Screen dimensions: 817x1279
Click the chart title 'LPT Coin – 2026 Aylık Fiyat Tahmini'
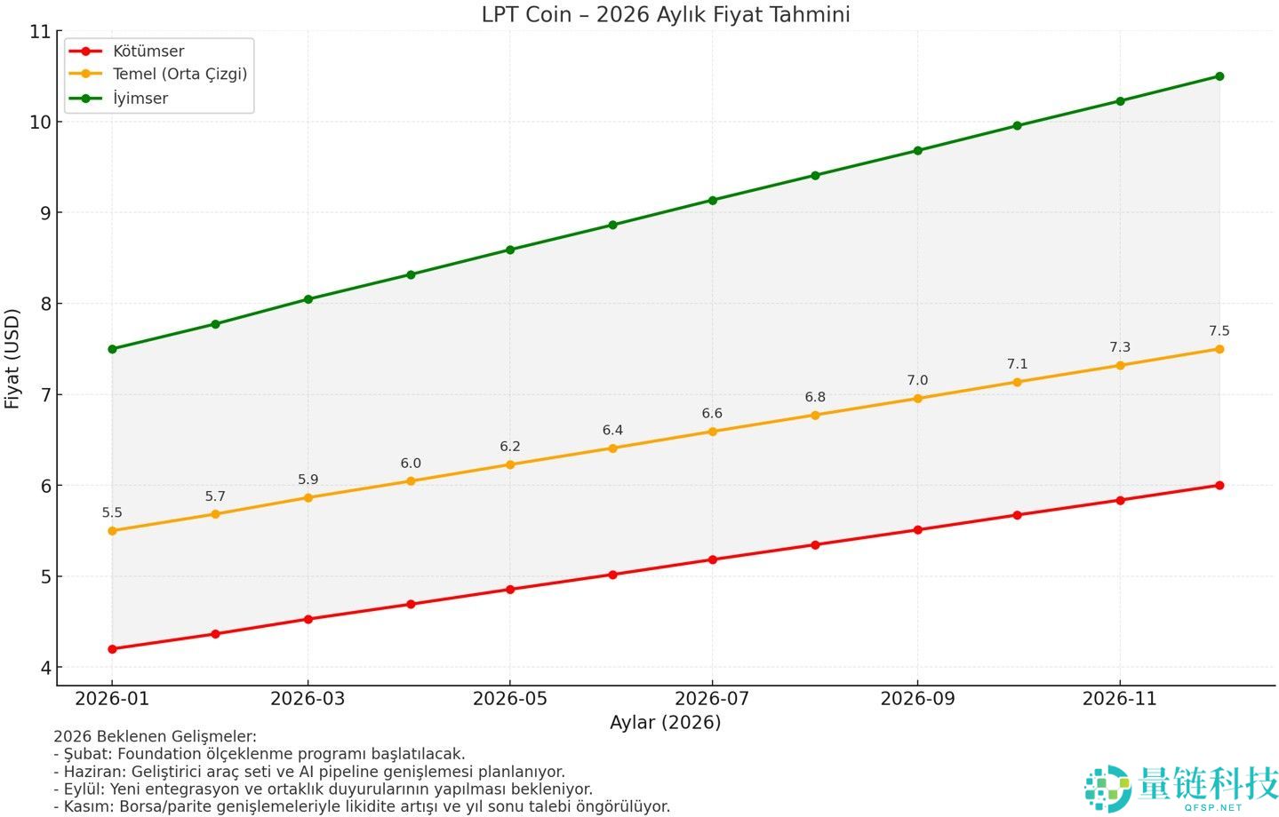point(665,14)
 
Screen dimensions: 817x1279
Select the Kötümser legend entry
point(148,52)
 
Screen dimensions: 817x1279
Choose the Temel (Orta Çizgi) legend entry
point(180,75)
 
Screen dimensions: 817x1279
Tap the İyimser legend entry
point(140,99)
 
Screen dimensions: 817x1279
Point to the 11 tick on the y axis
point(40,32)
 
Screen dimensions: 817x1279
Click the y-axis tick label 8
point(46,304)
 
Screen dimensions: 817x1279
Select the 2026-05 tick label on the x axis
point(509,699)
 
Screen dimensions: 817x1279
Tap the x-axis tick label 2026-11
point(1119,699)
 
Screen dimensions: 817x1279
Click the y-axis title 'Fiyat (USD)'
point(12,359)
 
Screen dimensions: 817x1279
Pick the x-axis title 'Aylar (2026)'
point(665,723)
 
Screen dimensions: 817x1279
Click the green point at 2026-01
point(112,349)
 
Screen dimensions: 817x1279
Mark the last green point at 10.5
point(1219,76)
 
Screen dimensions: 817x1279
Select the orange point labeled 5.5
point(112,531)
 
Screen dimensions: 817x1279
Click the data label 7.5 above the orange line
point(1219,331)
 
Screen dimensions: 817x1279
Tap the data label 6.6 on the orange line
point(712,414)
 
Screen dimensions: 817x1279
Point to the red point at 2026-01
point(112,649)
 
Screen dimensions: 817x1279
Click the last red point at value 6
point(1219,486)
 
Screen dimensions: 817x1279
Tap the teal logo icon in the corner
point(1107,788)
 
